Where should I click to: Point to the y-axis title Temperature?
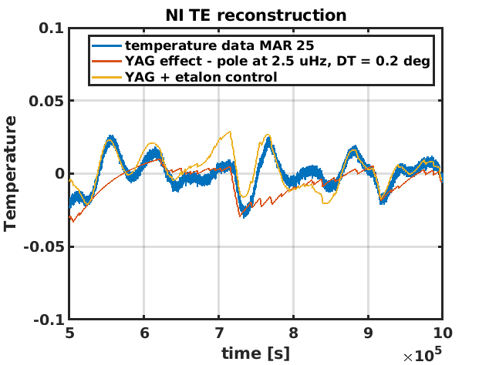coord(11,173)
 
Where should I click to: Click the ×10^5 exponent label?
coord(423,356)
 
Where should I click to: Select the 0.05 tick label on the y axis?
coord(46,101)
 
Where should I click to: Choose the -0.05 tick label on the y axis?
coord(43,246)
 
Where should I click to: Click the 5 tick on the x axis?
coord(69,333)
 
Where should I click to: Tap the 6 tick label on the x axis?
coord(144,333)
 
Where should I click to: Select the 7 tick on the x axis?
coord(219,333)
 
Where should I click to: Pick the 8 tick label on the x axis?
coord(293,333)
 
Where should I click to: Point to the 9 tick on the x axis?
coord(368,333)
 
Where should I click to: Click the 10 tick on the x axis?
coord(442,333)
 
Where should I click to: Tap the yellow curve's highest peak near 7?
coord(230,132)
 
